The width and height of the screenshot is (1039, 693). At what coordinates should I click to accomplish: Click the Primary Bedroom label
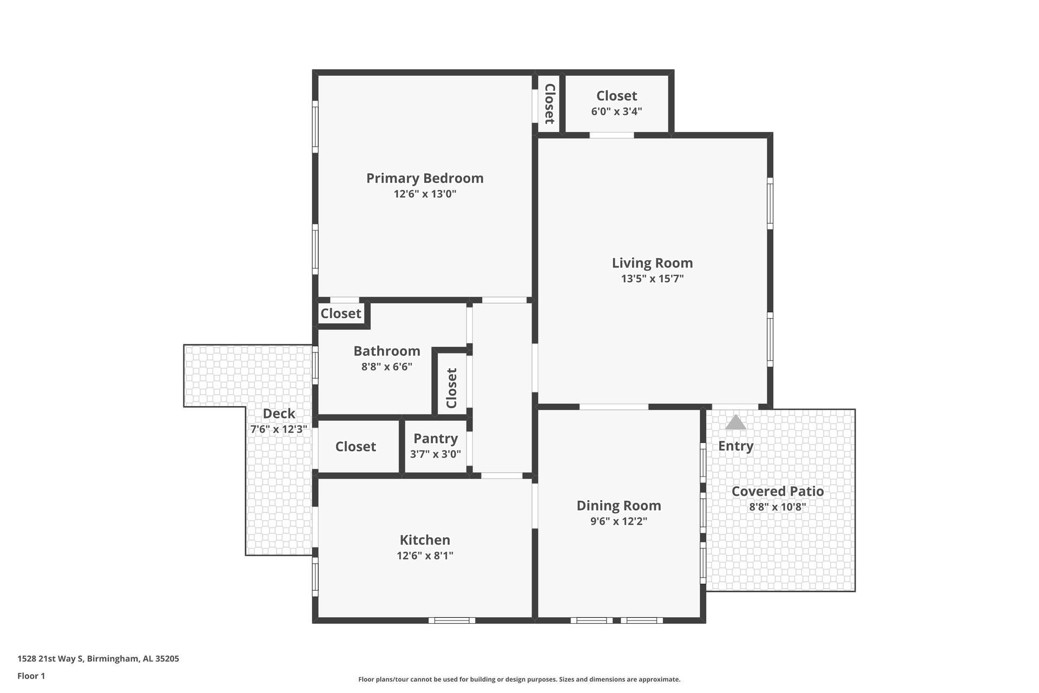tap(425, 178)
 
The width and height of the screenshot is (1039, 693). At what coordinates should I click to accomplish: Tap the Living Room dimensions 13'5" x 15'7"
tap(652, 279)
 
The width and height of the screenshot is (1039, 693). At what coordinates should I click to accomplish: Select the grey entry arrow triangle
tap(735, 423)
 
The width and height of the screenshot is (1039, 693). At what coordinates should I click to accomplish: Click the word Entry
tap(735, 446)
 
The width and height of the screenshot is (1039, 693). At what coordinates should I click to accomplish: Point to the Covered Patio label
tap(778, 491)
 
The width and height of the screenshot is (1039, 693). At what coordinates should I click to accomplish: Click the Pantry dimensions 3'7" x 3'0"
tap(436, 454)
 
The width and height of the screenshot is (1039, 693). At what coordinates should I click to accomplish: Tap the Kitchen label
tap(425, 540)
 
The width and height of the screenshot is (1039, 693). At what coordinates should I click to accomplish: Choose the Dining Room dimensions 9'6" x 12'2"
tap(619, 521)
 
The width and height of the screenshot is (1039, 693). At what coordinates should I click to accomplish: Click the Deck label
tap(279, 414)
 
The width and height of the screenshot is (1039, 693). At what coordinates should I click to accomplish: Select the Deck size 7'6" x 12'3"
tap(279, 429)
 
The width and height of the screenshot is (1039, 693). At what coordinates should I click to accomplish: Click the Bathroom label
tap(387, 351)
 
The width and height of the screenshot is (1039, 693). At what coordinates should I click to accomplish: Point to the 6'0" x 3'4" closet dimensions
tap(616, 112)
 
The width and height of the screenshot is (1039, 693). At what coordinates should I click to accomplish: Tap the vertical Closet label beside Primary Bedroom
tap(549, 103)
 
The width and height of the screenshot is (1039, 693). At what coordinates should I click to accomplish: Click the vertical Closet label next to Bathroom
tap(452, 388)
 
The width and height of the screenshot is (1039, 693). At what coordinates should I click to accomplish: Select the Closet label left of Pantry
tap(356, 447)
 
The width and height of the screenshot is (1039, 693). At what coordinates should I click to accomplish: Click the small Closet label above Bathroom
tap(341, 313)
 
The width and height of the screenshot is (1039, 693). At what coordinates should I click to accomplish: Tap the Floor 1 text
tap(31, 676)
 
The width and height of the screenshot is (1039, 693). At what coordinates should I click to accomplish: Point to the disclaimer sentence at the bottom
tap(519, 679)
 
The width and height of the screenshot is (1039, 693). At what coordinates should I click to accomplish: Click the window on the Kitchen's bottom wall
tap(452, 620)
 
